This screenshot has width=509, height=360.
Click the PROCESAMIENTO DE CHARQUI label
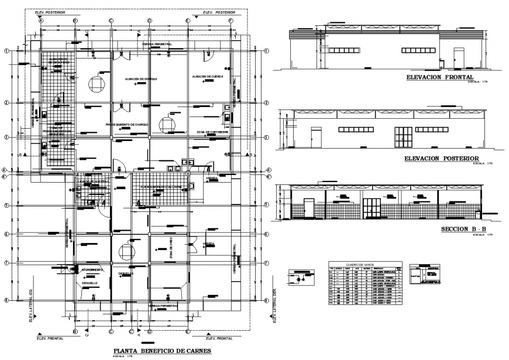click(129, 125)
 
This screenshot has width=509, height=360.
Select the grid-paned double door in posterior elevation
click(401, 137)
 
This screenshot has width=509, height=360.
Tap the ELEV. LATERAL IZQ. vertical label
click(30, 305)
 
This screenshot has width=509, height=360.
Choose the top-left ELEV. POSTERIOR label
click(50, 12)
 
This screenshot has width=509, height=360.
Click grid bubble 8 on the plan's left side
click(6, 301)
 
